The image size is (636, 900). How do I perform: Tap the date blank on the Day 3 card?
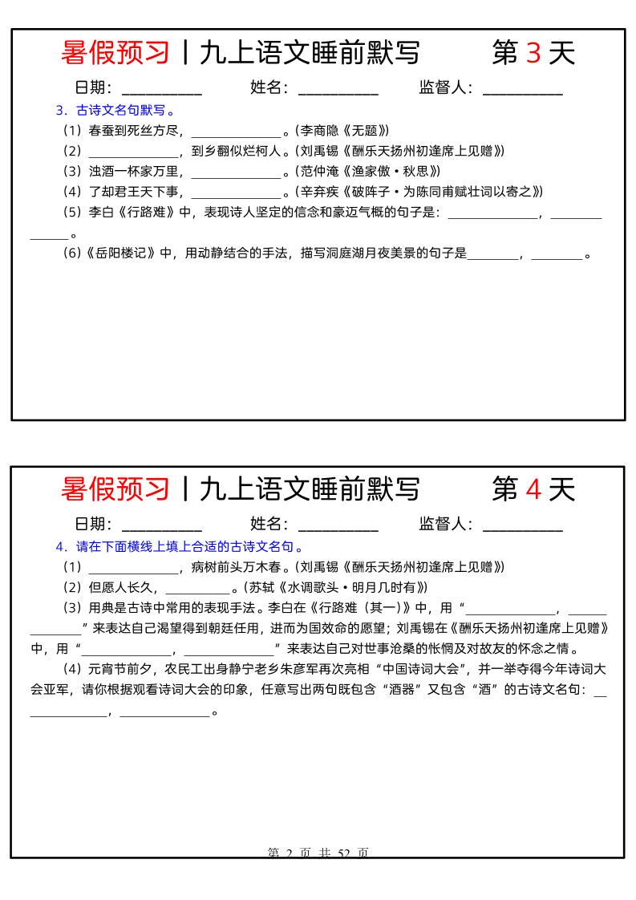point(161,89)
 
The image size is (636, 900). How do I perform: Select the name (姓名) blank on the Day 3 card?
point(338,89)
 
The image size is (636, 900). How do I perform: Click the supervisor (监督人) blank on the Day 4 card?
point(522,525)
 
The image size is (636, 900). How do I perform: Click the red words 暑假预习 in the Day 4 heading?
point(115,489)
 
